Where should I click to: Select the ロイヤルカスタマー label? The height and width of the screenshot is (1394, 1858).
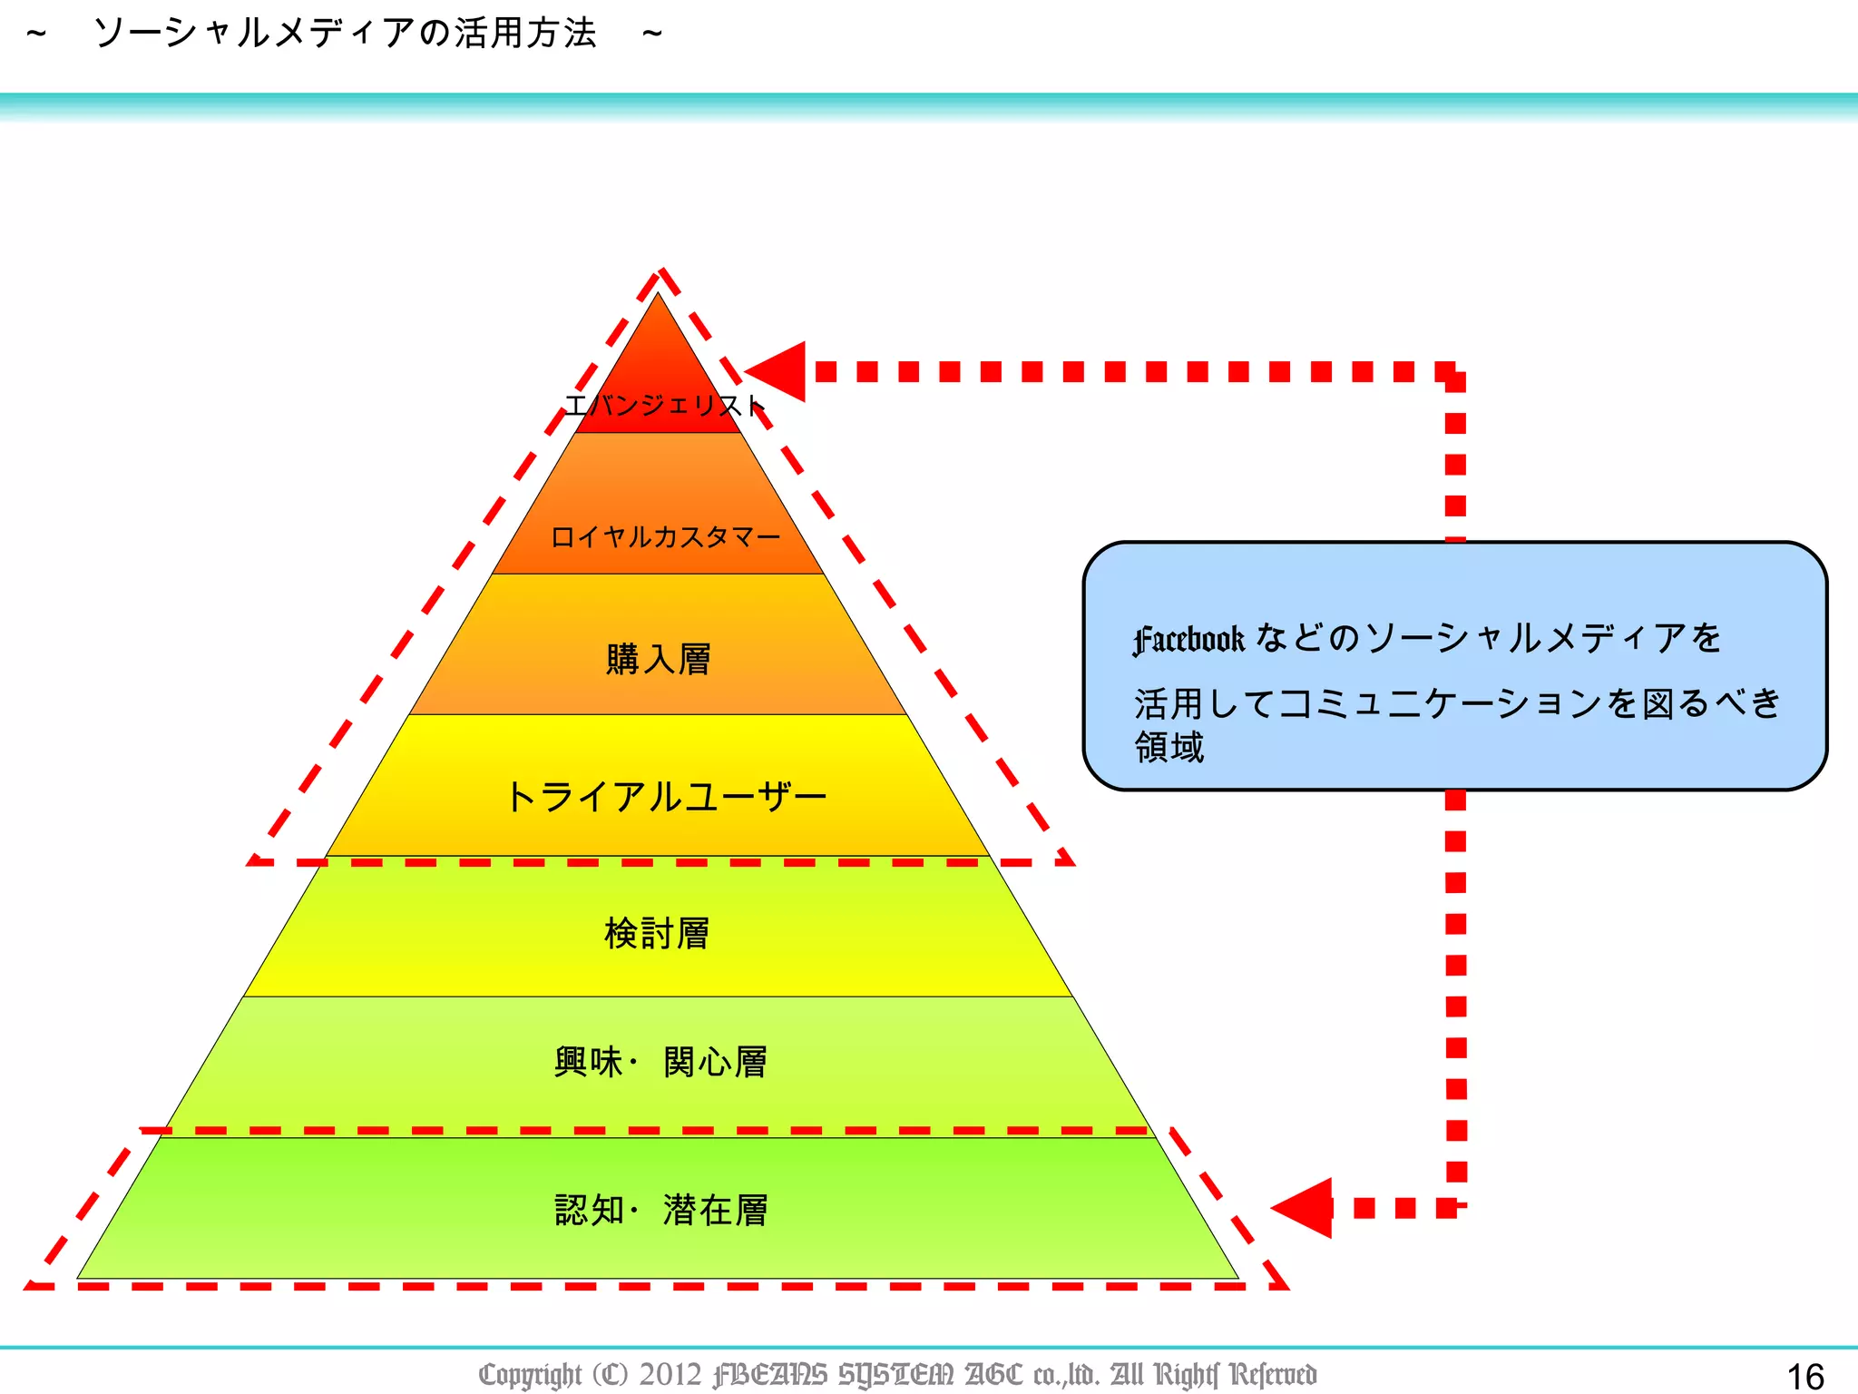pos(665,537)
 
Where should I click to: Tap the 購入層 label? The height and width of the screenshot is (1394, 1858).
pos(659,659)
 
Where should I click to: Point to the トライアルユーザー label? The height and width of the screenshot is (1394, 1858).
pos(665,797)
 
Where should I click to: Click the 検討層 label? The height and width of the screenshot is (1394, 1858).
pos(657,933)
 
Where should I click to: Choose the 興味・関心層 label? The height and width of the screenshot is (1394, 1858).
pos(661,1062)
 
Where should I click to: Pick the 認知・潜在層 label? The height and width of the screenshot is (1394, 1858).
pos(661,1210)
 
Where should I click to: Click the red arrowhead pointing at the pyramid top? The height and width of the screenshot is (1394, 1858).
pos(778,371)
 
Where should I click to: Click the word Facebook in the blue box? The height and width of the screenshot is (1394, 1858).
pos(1188,640)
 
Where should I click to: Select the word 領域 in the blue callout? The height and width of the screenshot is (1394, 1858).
pos(1169,748)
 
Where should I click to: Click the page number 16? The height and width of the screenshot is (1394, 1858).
pos(1804,1376)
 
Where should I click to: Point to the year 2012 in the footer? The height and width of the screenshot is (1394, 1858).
pos(670,1374)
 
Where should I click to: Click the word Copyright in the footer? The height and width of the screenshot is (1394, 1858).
pos(530,1375)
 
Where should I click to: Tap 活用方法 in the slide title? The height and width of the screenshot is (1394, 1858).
pos(525,34)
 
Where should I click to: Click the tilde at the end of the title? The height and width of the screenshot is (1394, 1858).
pos(652,34)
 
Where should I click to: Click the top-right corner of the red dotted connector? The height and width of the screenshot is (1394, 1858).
pos(1455,372)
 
